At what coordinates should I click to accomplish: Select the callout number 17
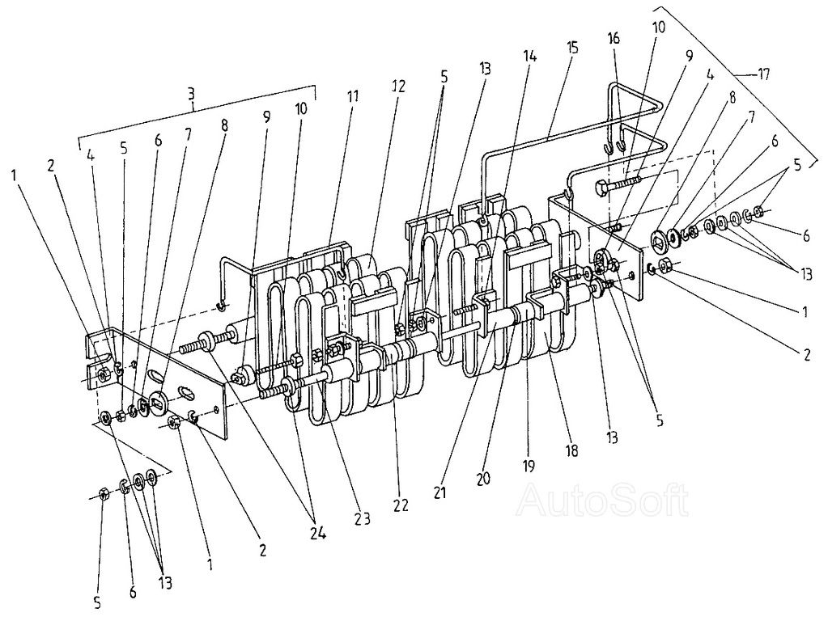[762, 75]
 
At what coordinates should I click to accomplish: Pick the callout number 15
[573, 48]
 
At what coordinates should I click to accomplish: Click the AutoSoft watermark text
[603, 500]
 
